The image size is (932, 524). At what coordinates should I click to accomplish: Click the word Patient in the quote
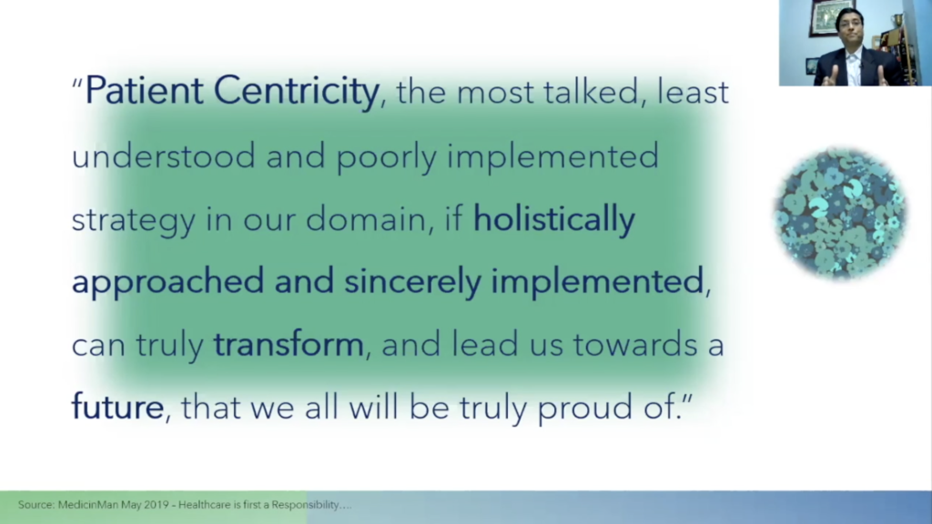click(144, 90)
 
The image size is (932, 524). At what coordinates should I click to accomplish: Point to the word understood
click(164, 155)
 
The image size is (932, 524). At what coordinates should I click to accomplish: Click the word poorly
click(386, 157)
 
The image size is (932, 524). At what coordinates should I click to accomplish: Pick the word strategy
click(133, 220)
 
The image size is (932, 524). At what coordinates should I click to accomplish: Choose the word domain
click(366, 218)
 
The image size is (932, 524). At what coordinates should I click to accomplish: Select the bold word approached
click(167, 282)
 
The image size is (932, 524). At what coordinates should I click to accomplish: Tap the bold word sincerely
click(412, 282)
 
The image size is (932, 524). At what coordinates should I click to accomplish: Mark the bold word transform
click(289, 344)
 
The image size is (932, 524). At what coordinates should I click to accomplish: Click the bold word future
click(117, 407)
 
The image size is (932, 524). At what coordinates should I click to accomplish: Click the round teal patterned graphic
click(840, 213)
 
